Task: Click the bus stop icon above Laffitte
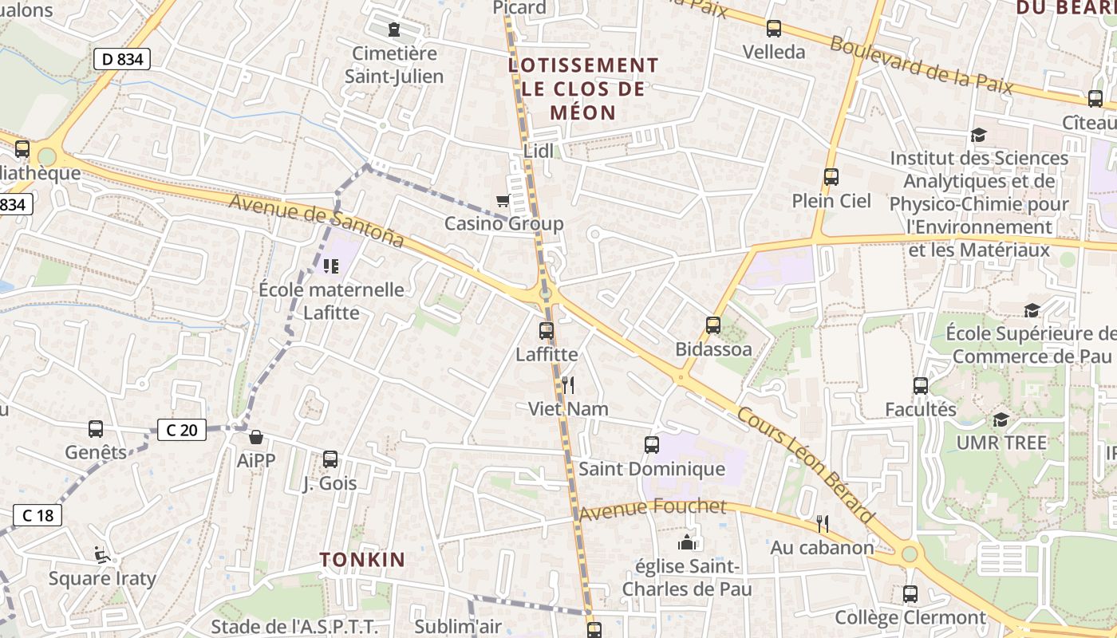(547, 330)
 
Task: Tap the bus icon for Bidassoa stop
(713, 325)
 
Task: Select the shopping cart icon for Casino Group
(503, 201)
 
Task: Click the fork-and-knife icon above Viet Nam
(568, 385)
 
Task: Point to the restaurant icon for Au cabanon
(823, 524)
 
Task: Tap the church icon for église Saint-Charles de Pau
(686, 543)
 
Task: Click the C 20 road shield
(182, 430)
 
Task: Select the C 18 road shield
(37, 515)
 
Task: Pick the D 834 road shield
(122, 58)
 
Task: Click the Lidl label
(539, 151)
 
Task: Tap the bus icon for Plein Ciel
(831, 177)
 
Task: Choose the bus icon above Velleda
(773, 29)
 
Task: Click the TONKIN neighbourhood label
(363, 559)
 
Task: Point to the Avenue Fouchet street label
(653, 508)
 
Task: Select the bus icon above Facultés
(921, 386)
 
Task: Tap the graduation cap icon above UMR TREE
(1001, 419)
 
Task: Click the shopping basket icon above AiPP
(256, 437)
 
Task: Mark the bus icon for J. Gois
(330, 459)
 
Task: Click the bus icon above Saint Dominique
(652, 445)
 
